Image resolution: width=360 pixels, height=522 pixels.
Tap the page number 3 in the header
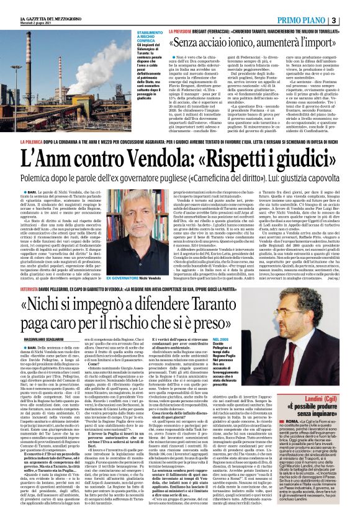click(x=351, y=6)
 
